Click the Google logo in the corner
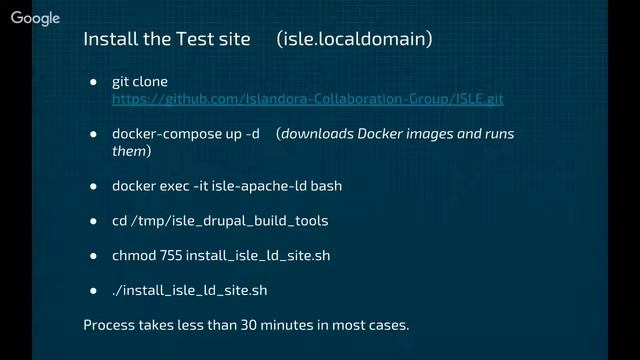[x=36, y=19]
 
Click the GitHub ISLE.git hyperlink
[x=307, y=100]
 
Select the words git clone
[x=140, y=81]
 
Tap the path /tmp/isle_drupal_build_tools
[x=228, y=220]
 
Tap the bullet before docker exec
[x=93, y=186]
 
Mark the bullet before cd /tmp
[x=93, y=221]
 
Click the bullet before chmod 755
[x=93, y=256]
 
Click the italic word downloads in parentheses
[x=318, y=134]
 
